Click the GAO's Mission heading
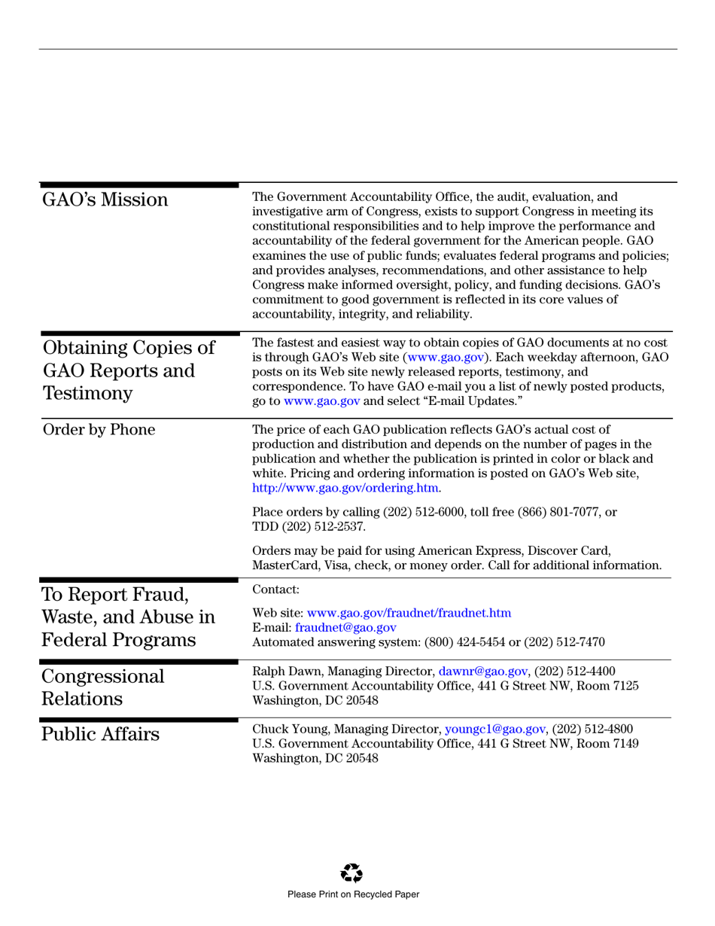click(x=105, y=200)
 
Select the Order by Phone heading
click(x=99, y=430)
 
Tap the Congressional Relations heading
click(x=102, y=687)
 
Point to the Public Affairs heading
click(x=101, y=734)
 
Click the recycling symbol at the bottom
click(x=351, y=873)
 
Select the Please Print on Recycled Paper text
click(x=353, y=894)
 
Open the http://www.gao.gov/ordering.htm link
click(x=345, y=488)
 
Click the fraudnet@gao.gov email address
click(x=345, y=627)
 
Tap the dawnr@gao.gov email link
click(x=482, y=670)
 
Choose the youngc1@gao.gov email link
click(x=494, y=729)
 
